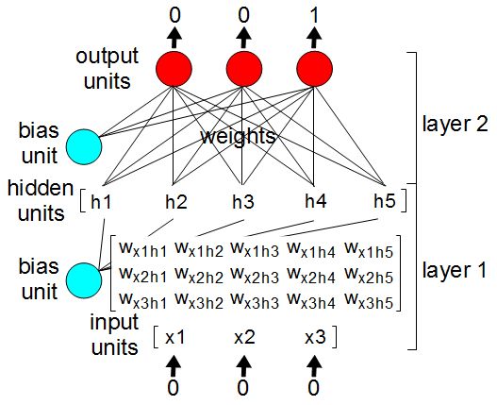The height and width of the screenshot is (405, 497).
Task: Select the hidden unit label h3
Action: coord(243,200)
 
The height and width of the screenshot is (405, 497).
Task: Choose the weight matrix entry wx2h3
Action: coord(256,276)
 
